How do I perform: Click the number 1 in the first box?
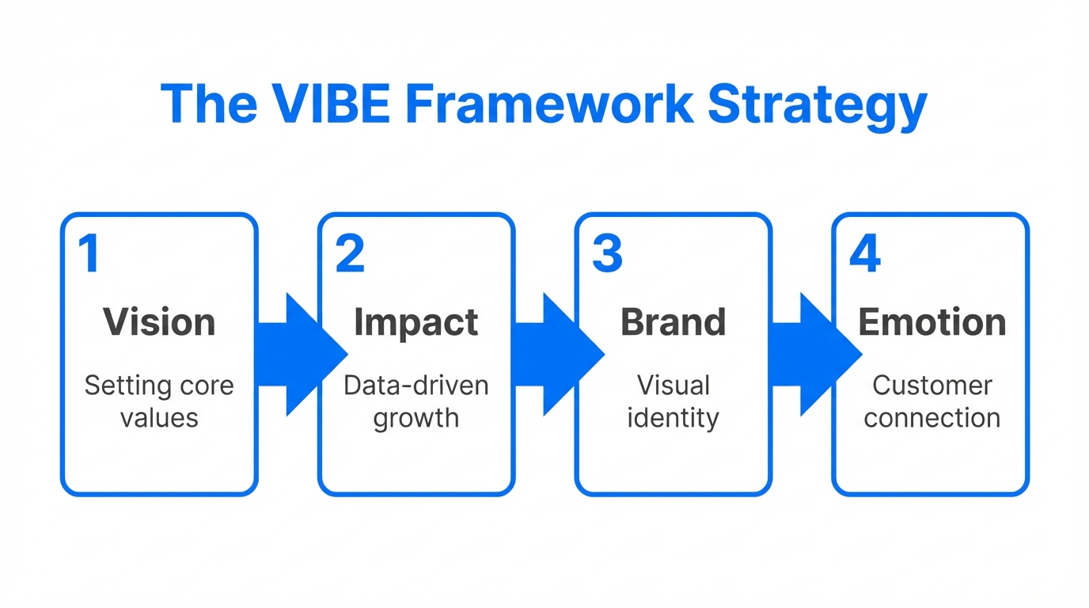89,253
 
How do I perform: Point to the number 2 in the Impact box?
350,253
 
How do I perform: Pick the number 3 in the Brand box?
608,253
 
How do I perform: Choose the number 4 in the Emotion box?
865,253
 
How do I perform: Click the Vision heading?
159,322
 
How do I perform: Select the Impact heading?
416,322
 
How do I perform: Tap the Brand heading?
674,322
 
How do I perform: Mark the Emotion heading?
932,322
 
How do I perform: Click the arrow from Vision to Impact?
298,354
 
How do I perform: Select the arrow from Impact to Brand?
555,354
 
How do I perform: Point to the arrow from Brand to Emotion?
812,354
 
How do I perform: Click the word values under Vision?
159,417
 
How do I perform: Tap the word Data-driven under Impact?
416,386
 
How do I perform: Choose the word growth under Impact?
416,418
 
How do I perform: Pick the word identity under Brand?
674,418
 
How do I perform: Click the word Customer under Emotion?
932,386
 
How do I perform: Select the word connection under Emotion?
932,417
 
